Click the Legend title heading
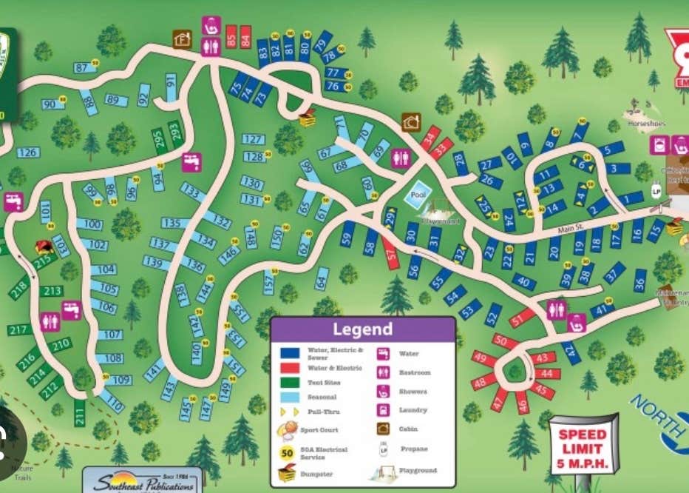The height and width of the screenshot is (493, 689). coord(362,329)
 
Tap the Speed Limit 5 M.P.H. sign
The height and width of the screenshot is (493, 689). coord(583,444)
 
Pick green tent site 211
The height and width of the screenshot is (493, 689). coord(80,412)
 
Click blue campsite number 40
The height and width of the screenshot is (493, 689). coord(523,281)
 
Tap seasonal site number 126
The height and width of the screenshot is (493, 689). coord(27,152)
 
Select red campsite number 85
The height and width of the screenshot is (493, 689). coord(231,36)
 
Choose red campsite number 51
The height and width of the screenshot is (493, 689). coord(522,318)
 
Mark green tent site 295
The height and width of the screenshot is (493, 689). coord(158,139)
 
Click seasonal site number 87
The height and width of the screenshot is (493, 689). coord(82,68)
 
